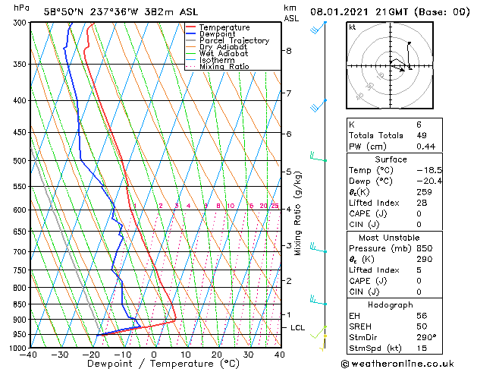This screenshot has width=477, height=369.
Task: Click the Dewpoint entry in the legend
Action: click(217, 34)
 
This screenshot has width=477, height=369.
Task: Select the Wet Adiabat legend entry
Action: click(223, 53)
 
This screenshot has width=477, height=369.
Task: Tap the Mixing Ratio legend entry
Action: click(224, 67)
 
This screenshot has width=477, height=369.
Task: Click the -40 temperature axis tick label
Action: click(29, 355)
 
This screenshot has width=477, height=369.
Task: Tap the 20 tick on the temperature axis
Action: click(217, 355)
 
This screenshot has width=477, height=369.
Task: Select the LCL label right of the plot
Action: click(298, 327)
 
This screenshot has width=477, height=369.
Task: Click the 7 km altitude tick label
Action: click(288, 93)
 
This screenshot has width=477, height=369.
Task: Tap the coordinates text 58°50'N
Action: click(64, 11)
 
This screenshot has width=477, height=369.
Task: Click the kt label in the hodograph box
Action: click(352, 27)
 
